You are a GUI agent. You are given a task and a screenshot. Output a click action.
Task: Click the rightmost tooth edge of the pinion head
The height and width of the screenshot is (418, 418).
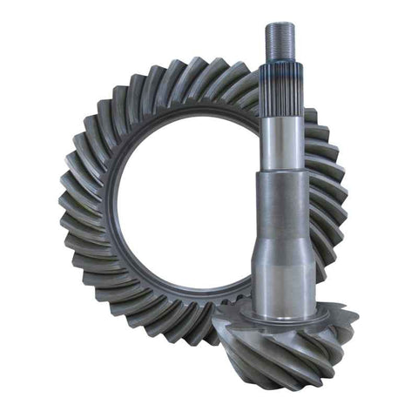tap(354, 313)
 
